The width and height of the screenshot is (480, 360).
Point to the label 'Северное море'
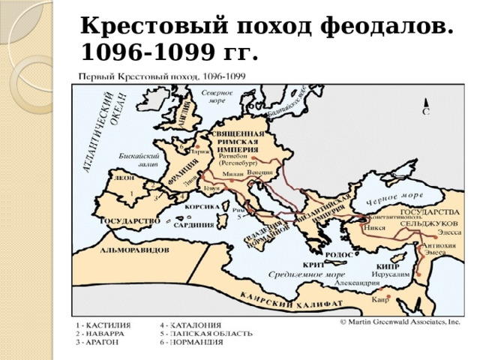coord(217,95)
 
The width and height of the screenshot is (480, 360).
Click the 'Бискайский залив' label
coord(137,160)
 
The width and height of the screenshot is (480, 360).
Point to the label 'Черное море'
coord(394,197)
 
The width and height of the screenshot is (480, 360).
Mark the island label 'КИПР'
coord(388,266)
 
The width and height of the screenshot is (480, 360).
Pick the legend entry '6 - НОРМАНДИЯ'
coord(193,342)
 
